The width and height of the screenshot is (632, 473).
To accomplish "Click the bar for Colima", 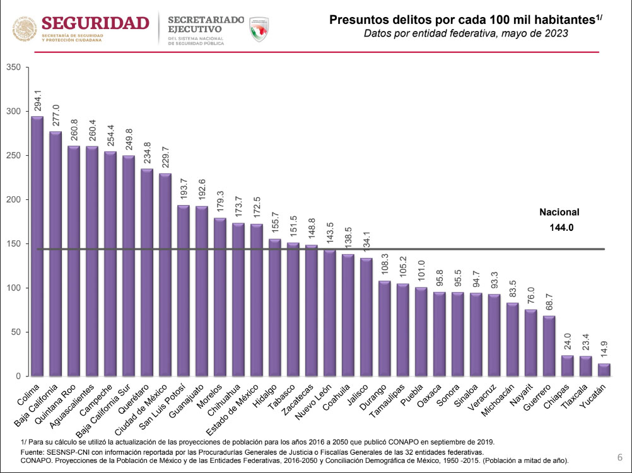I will [x=37, y=246].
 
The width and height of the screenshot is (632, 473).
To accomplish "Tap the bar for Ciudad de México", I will [x=165, y=274].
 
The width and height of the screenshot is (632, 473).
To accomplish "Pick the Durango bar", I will [x=385, y=328].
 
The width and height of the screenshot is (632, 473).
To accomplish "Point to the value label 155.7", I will [x=275, y=225].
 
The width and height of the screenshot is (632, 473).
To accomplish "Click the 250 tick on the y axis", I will [x=13, y=156].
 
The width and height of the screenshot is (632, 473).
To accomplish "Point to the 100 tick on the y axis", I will [x=13, y=288].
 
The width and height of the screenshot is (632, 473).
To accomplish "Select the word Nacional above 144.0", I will [x=559, y=213].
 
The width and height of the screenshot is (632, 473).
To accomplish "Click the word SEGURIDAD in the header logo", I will [x=95, y=23].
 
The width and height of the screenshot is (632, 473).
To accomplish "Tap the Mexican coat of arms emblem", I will [x=25, y=29].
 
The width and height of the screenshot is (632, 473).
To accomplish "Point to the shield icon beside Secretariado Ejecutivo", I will [x=259, y=30].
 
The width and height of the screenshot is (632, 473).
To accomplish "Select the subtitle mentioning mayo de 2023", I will [x=466, y=33].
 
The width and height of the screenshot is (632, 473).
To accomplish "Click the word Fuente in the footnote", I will [x=35, y=452].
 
